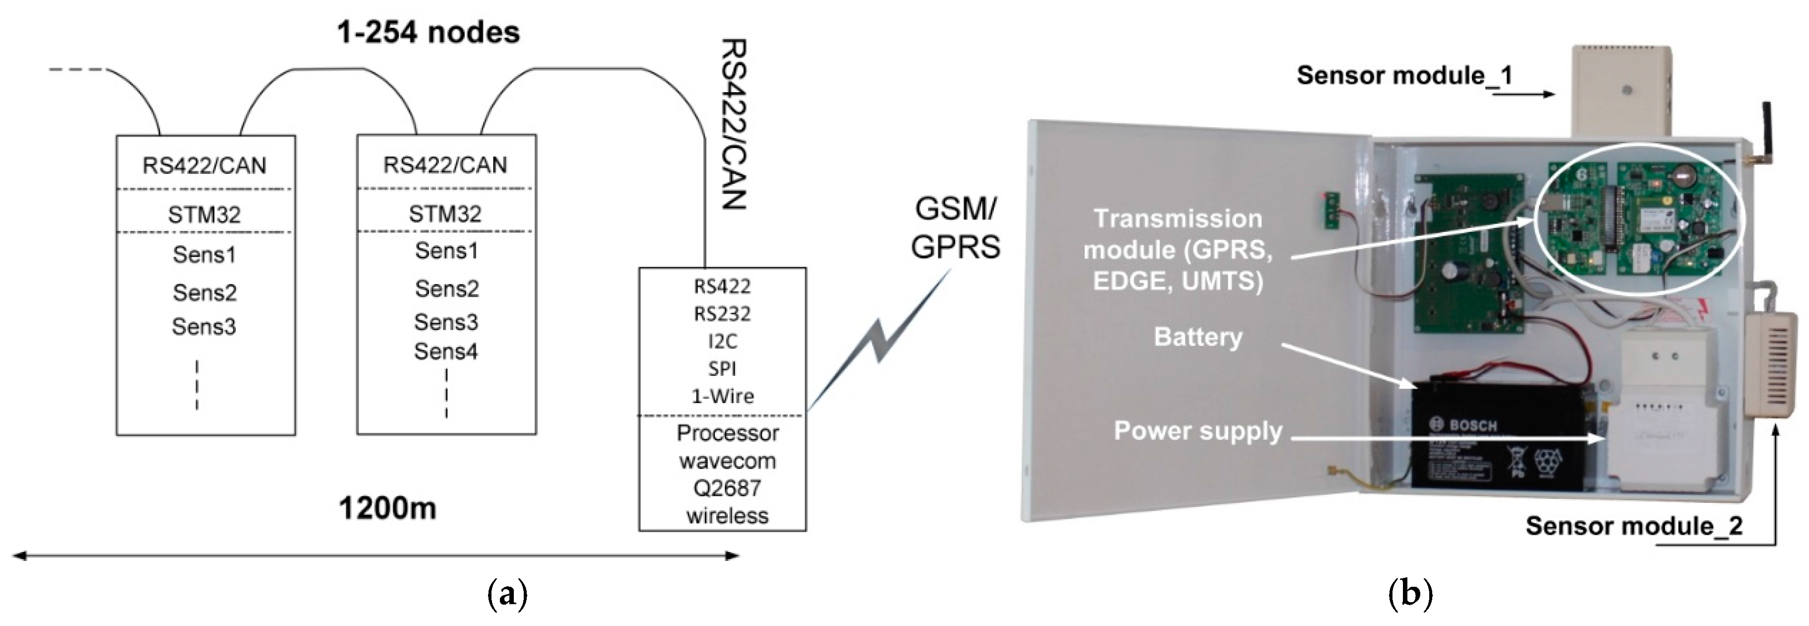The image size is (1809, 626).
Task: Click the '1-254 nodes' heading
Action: pyautogui.click(x=428, y=32)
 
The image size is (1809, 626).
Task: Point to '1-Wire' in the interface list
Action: pyautogui.click(x=723, y=396)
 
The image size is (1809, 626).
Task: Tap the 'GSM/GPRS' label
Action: pyautogui.click(x=956, y=228)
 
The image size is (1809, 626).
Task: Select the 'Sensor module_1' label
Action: pyautogui.click(x=1404, y=75)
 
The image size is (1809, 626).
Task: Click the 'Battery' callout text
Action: pyautogui.click(x=1198, y=337)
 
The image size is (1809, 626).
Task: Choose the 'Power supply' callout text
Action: pyautogui.click(x=1198, y=431)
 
